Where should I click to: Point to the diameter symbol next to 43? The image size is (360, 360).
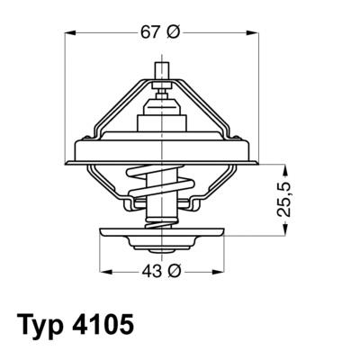175,272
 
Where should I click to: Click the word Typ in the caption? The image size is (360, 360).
42,324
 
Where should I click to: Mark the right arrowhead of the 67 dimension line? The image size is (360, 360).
258,32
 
